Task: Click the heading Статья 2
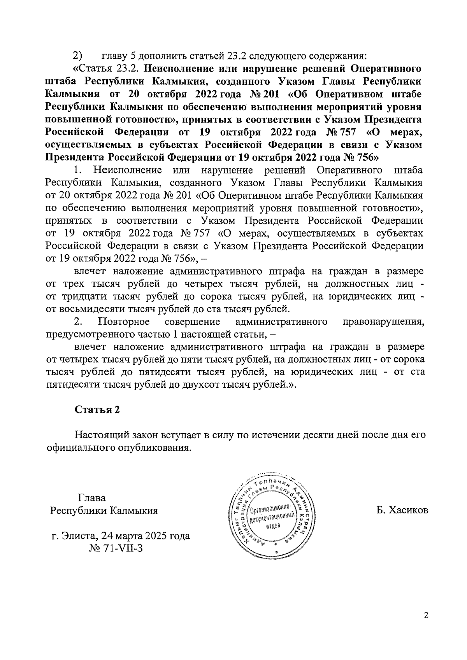97,410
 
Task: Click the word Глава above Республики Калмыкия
92,498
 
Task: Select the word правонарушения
383,322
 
